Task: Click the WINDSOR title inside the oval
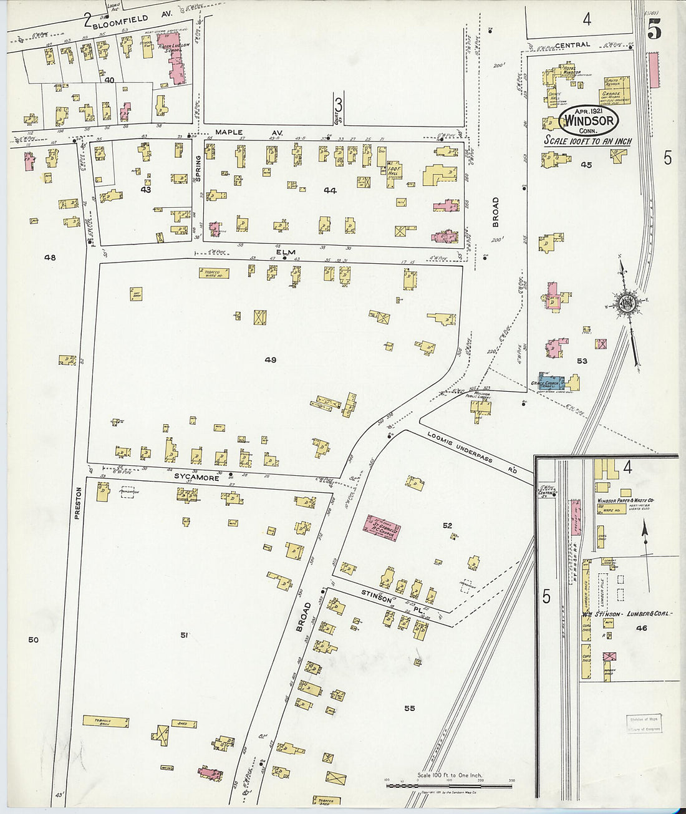tap(589, 120)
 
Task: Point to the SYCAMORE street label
tap(196, 478)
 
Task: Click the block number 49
tap(270, 360)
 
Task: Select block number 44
tap(329, 190)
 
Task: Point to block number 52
tap(447, 526)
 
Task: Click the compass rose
tap(626, 304)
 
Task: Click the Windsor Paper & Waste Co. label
tap(626, 501)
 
